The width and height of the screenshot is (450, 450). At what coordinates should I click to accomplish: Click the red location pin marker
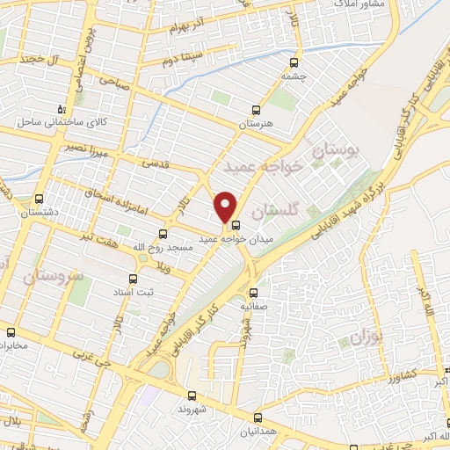pos(226,206)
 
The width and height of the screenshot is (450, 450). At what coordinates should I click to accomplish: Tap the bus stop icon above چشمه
pos(294,62)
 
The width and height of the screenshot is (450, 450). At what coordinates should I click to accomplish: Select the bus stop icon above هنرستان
pos(256,111)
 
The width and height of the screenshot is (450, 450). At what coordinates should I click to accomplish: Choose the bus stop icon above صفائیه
pos(254,293)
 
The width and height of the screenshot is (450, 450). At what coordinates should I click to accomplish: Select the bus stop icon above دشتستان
pos(39,199)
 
